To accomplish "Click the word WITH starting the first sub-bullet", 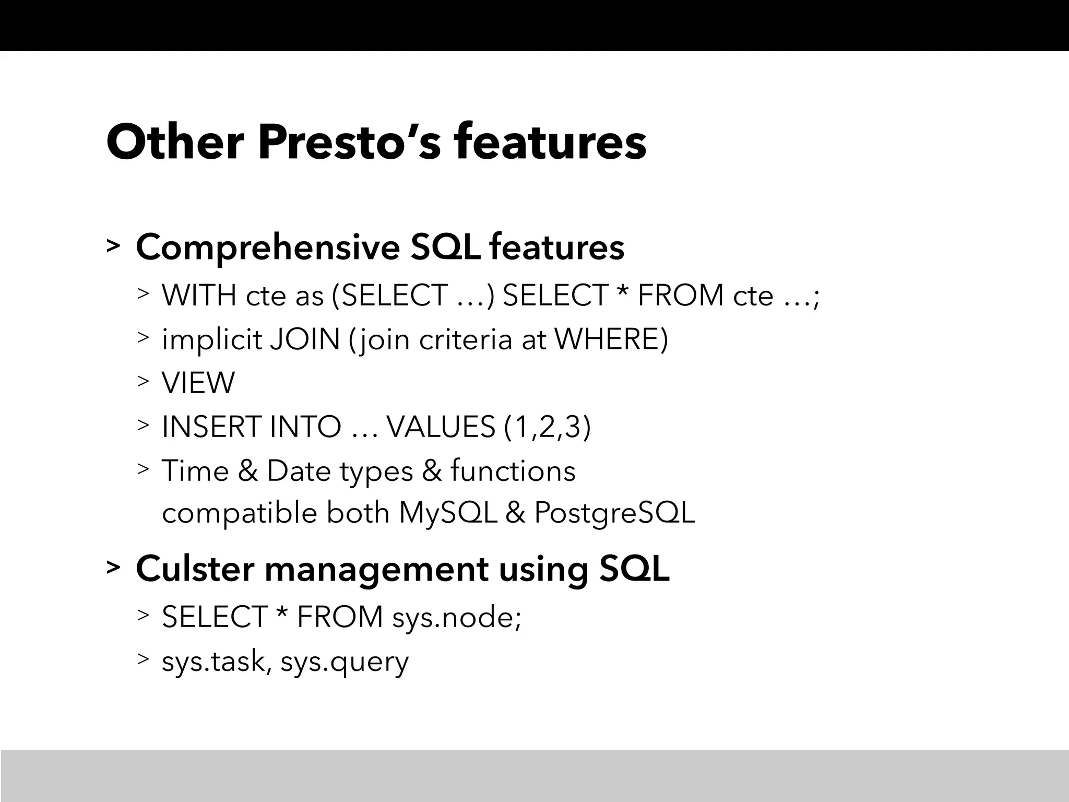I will (199, 296).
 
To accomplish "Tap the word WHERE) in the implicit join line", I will (611, 339).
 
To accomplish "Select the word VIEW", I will (198, 383).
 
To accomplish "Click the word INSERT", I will (210, 427).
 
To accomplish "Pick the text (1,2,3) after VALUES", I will (548, 427).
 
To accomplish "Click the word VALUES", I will (441, 427).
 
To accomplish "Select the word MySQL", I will (448, 513).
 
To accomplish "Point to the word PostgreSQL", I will (614, 513).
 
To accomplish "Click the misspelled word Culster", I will (195, 569).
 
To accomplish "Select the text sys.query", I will (345, 662).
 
